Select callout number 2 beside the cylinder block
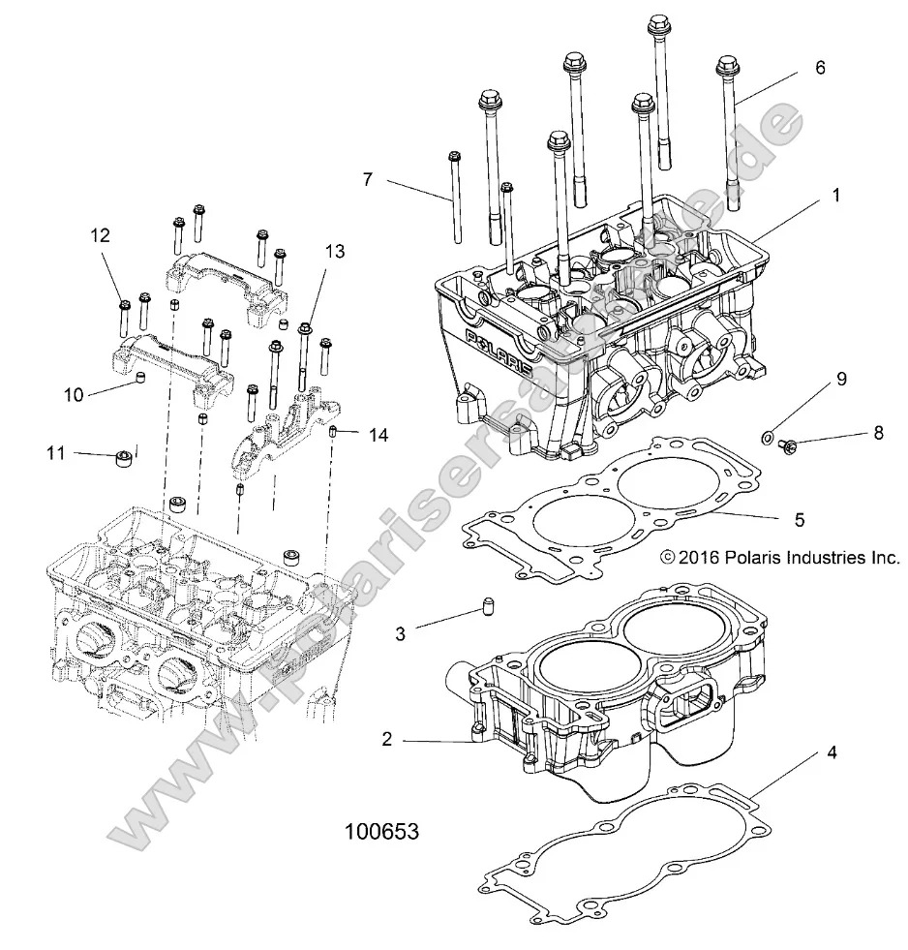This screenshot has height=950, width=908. (386, 740)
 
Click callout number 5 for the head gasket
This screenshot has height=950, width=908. (799, 519)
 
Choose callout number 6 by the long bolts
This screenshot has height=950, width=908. (820, 68)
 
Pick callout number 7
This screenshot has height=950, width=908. (367, 179)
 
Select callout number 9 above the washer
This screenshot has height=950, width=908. (840, 378)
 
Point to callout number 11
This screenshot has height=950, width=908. (55, 451)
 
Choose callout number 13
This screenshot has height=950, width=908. (334, 251)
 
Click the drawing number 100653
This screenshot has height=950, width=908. (381, 832)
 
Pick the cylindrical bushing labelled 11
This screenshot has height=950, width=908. (124, 457)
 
